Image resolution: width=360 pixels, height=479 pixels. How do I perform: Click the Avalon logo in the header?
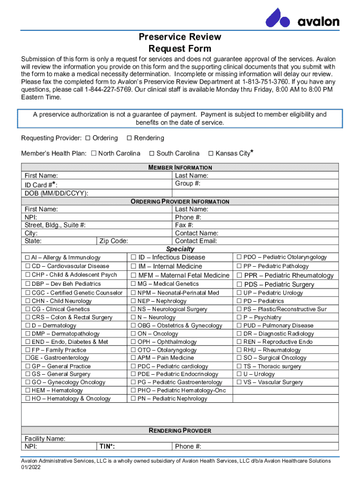(302, 18)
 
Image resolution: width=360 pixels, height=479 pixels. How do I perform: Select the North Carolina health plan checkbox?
(94, 153)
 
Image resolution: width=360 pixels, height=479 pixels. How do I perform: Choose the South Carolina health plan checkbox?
(151, 153)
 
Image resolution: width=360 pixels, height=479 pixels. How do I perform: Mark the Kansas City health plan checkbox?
(211, 153)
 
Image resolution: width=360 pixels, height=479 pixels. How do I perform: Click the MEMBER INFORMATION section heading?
(180, 167)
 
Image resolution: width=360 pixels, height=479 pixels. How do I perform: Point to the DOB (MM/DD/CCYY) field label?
(56, 193)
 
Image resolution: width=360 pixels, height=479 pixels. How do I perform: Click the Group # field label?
(187, 184)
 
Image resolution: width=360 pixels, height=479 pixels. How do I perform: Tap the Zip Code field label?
(114, 241)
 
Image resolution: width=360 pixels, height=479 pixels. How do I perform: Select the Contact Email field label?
(196, 241)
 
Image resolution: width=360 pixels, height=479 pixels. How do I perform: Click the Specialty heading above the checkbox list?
(180, 249)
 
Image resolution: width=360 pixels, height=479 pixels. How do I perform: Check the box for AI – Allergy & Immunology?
(27, 258)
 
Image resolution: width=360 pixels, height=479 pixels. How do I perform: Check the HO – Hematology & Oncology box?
(27, 399)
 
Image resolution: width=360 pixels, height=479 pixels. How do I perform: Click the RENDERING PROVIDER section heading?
(180, 430)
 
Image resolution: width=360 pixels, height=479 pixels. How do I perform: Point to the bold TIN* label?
(107, 446)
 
